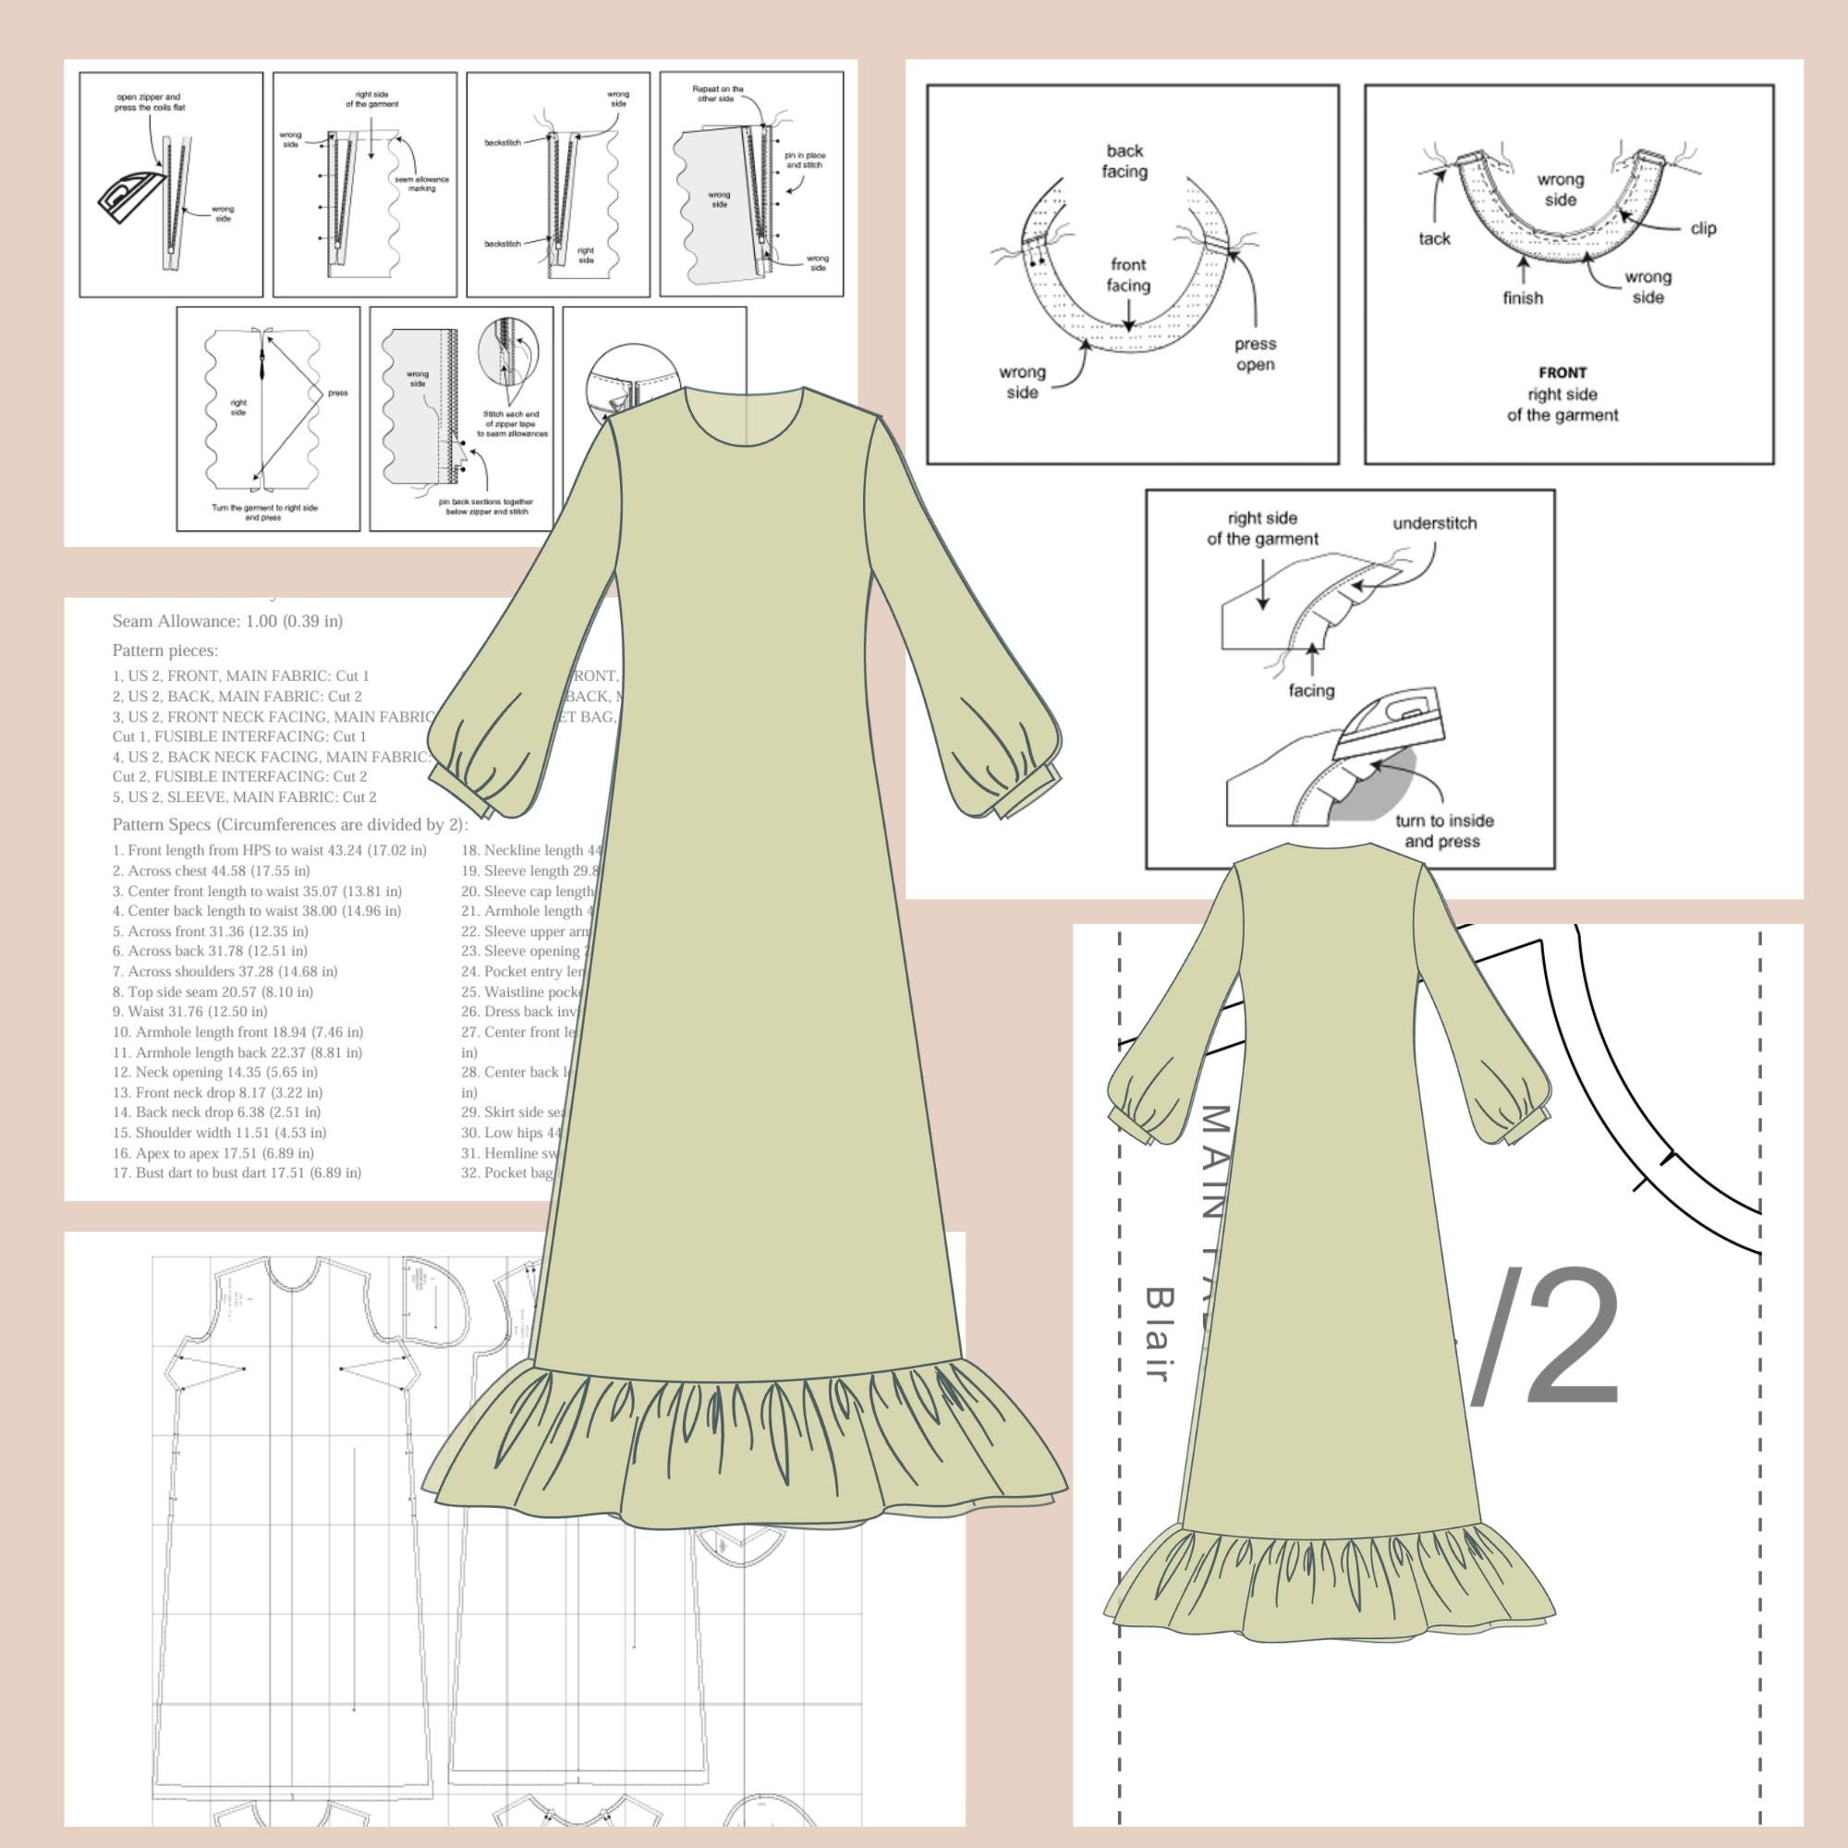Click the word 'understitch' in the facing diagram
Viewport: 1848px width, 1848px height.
point(1434,523)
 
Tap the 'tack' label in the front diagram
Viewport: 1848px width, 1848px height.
point(1434,239)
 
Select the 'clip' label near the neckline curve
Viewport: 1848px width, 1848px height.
point(1703,228)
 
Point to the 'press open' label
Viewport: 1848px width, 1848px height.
point(1254,354)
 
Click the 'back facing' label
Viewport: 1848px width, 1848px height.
point(1125,162)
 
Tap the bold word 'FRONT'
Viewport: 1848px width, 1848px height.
point(1562,373)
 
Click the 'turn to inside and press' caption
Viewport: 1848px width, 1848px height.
point(1443,832)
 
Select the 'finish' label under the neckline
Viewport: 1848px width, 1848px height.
point(1522,298)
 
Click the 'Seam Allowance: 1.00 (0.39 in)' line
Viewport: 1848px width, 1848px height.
point(227,621)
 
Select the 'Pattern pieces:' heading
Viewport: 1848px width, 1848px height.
point(164,650)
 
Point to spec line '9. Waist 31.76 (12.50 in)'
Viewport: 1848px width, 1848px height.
point(189,1011)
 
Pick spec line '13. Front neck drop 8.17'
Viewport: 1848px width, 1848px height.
point(217,1092)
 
